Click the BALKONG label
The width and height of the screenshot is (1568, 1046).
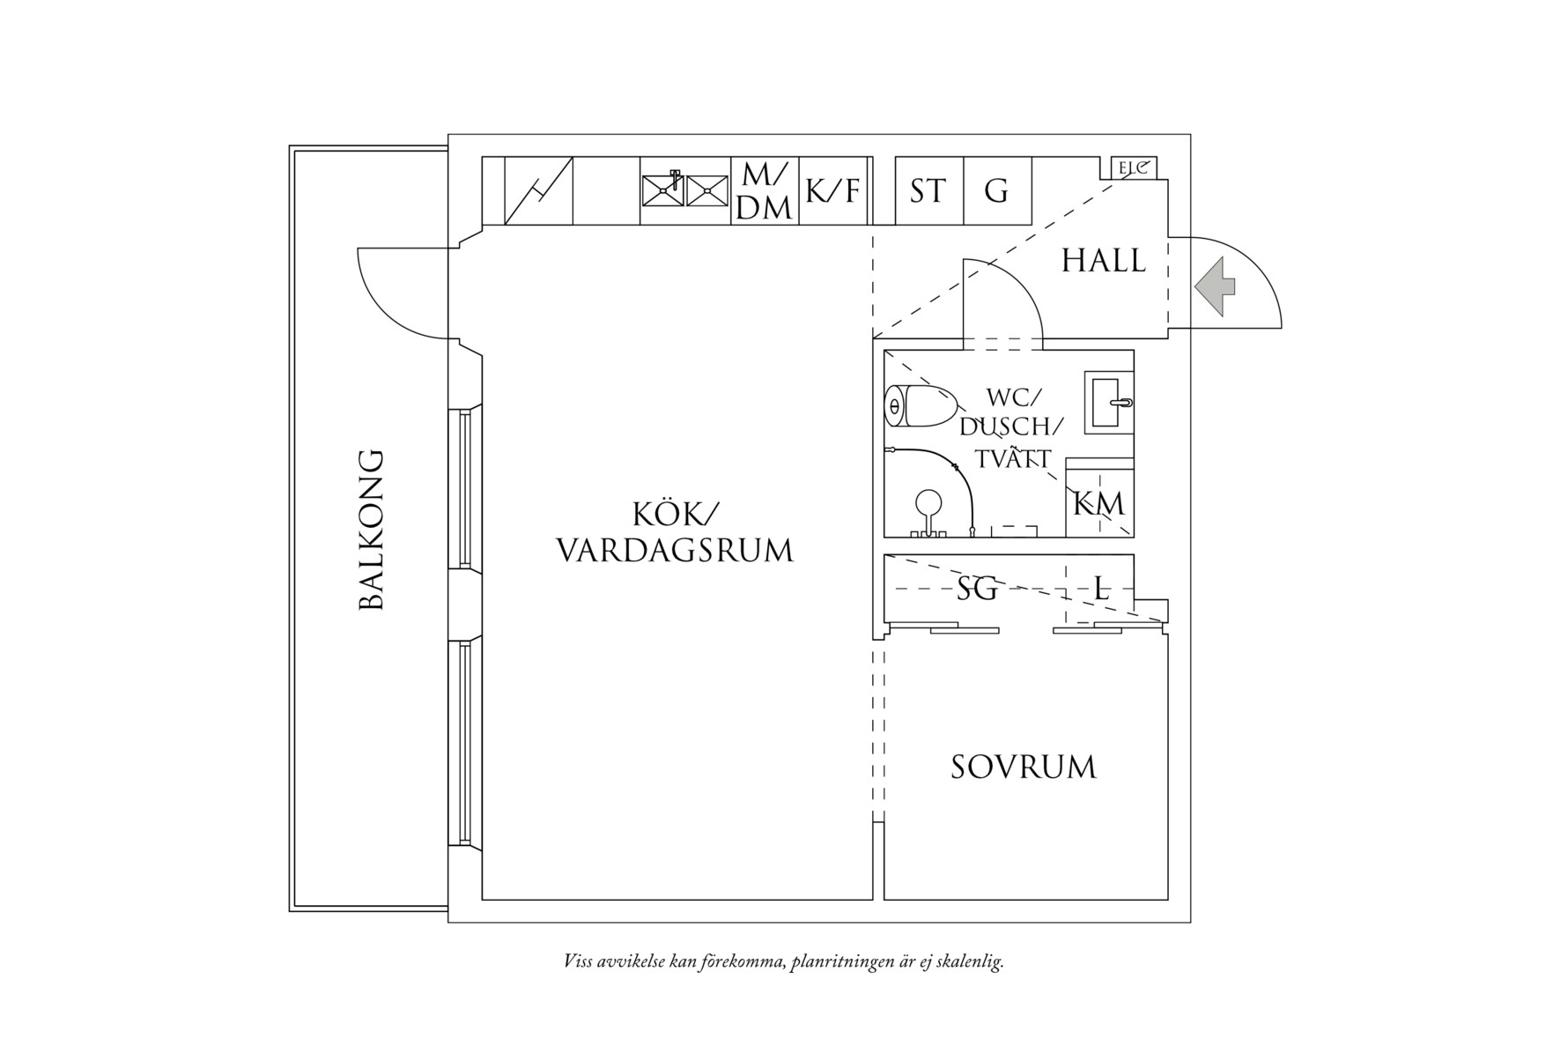tap(372, 530)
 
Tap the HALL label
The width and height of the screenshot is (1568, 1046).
tap(1103, 262)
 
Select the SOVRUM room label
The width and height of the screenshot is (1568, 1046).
tap(1024, 768)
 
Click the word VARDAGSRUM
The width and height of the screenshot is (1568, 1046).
tap(675, 551)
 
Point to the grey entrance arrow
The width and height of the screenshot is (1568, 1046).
tap(1216, 286)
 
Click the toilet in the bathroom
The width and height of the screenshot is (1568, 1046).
tap(920, 406)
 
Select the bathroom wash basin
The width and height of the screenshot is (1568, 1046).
tap(1108, 402)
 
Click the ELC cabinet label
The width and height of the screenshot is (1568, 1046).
tap(1133, 167)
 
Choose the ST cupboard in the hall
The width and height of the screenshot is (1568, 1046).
tap(928, 191)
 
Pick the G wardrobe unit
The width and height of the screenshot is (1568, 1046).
tap(996, 191)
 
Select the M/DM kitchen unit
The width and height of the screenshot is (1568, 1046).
tap(765, 191)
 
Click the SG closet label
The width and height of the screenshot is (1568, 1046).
tap(978, 588)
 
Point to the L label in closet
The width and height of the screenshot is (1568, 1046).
tap(1101, 588)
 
